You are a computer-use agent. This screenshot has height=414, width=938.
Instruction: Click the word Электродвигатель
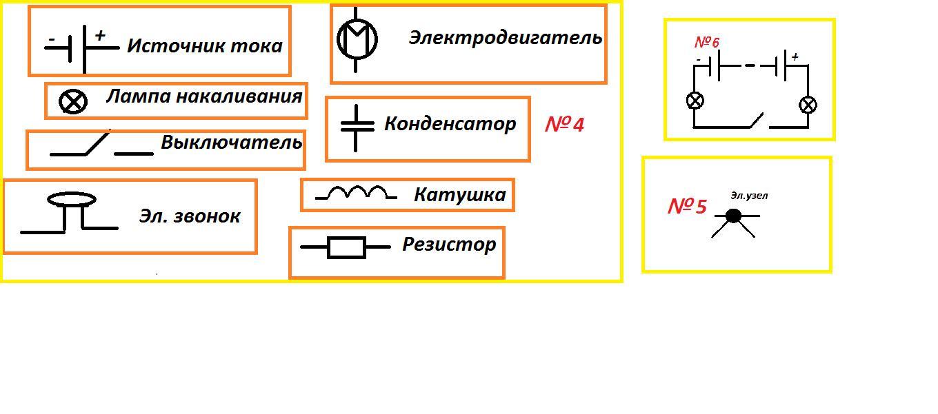(x=505, y=38)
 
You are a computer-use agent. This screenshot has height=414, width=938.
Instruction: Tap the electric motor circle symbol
(x=357, y=38)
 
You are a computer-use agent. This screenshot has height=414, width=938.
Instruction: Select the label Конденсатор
(x=450, y=124)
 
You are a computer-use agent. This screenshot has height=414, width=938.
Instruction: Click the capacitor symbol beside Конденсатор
(x=356, y=127)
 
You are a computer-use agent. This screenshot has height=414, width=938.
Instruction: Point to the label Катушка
(x=459, y=195)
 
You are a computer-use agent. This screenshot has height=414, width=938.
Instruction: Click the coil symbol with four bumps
(x=356, y=194)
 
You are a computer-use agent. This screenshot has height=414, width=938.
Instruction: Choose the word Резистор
(x=449, y=245)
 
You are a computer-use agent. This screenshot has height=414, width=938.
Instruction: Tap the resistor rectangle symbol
(x=346, y=247)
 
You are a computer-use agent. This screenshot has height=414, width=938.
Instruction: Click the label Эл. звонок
(x=190, y=216)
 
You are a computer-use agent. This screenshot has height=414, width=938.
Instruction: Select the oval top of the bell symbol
(x=71, y=200)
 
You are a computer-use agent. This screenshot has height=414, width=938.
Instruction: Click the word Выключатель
(x=232, y=143)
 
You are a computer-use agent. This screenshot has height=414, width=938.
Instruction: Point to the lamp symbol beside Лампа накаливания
(x=73, y=102)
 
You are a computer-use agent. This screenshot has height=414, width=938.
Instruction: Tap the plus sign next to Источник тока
(x=100, y=35)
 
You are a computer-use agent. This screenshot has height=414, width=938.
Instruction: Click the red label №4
(x=564, y=125)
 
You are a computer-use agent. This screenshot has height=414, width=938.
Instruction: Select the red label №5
(x=687, y=207)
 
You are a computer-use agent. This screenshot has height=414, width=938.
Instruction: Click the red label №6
(x=707, y=43)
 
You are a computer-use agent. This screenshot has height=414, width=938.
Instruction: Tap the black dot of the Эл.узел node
(x=734, y=216)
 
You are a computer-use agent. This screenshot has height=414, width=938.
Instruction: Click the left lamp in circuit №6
(x=695, y=101)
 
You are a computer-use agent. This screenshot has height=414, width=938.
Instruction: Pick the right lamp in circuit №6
(x=808, y=105)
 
